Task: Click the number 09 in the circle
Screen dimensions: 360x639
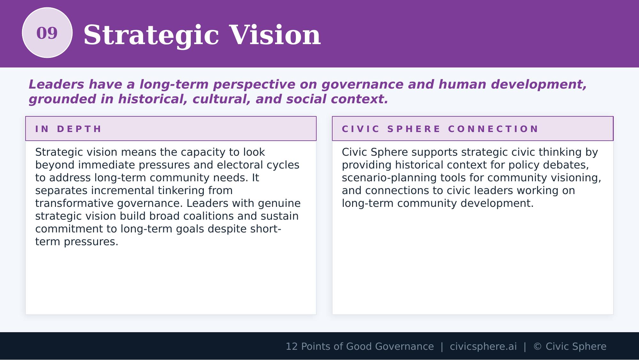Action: tap(47, 33)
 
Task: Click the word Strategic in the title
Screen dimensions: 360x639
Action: tap(151, 35)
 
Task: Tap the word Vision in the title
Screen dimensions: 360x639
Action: tap(275, 35)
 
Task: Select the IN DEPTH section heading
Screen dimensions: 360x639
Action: tap(68, 129)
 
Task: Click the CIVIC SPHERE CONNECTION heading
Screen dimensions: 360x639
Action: tap(440, 129)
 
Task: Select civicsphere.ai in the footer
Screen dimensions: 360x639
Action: tap(483, 347)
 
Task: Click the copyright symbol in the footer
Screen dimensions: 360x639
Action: tap(537, 347)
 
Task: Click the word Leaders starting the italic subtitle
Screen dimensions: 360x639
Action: tap(56, 85)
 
